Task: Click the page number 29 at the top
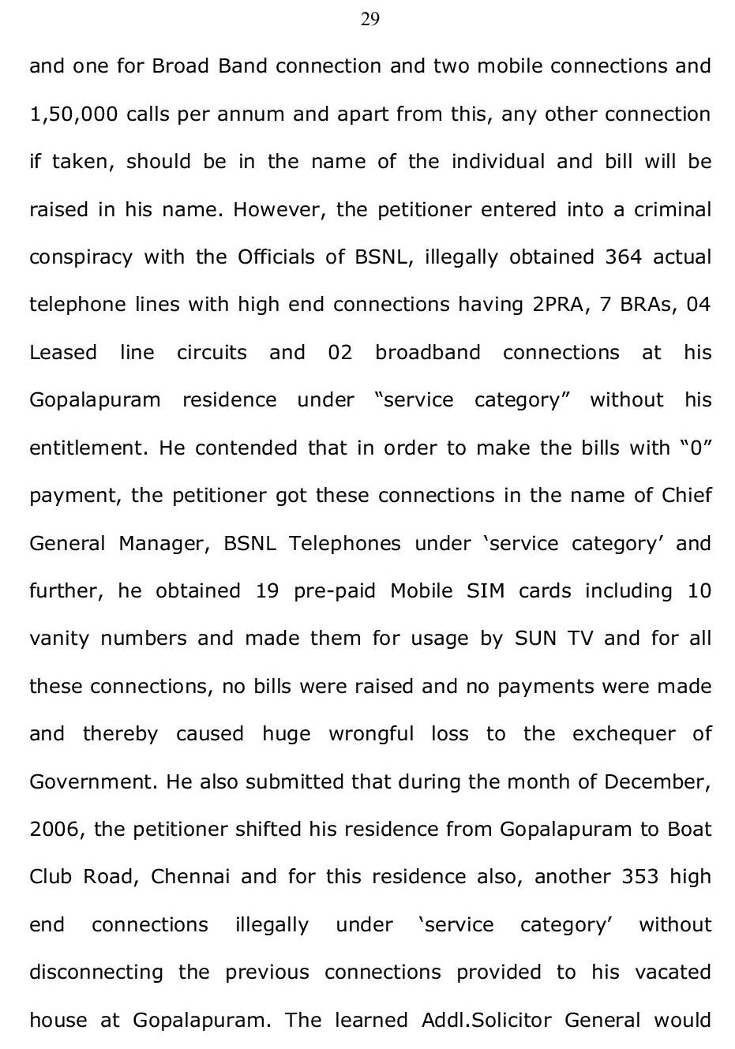coord(369,20)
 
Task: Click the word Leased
coord(63,353)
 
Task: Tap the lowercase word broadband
coord(427,353)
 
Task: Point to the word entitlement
coord(88,448)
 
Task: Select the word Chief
coord(686,496)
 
